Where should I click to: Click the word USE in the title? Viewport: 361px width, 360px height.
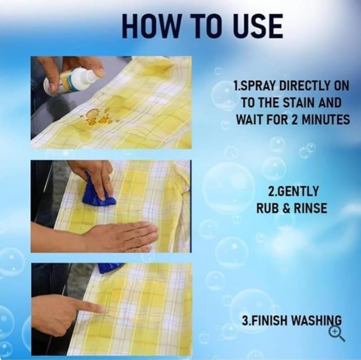coord(258,26)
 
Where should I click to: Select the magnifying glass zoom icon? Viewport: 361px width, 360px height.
coord(337,335)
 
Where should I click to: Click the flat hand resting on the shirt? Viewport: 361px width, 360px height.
coord(120,237)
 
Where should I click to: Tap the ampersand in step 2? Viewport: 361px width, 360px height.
coord(286,208)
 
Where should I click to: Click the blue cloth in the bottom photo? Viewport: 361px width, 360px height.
coord(111,268)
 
